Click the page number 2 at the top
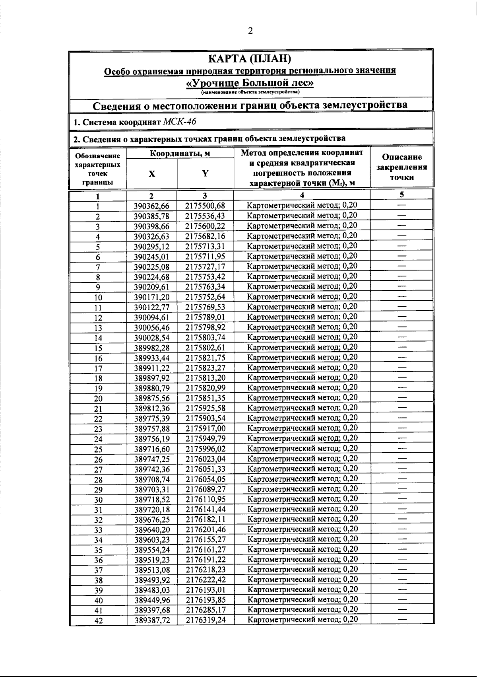250,31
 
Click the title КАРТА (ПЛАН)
250,59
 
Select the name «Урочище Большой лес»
250,83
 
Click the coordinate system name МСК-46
180,122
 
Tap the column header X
152,173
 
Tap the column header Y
205,173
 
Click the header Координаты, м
180,154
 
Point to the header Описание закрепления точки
401,167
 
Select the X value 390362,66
152,206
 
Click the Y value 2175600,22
205,226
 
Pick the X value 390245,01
152,257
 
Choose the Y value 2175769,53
205,307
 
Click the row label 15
98,348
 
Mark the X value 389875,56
152,399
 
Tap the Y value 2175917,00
205,429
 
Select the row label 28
98,480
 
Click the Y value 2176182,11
205,520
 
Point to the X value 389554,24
152,550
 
